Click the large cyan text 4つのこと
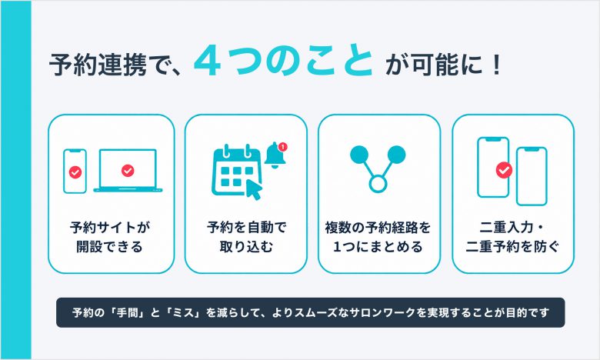(x=284, y=61)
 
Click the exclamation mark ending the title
(x=497, y=65)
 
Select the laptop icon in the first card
(x=128, y=170)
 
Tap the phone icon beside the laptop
(x=75, y=171)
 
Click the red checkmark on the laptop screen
(x=128, y=170)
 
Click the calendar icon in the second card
(x=234, y=171)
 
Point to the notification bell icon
(x=275, y=155)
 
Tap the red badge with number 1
(x=283, y=146)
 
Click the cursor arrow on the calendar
(x=253, y=189)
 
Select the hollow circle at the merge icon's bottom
(x=378, y=183)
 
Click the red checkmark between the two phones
(x=504, y=170)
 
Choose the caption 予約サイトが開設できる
(x=109, y=237)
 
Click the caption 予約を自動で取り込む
(x=246, y=237)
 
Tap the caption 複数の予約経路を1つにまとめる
(x=378, y=237)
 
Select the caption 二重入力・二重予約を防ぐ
(x=512, y=237)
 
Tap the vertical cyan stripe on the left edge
(x=15, y=180)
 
